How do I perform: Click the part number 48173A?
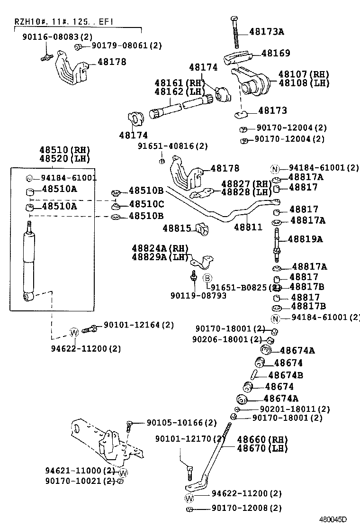point(267,32)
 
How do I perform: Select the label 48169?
point(275,54)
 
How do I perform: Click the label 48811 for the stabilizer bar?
point(248,227)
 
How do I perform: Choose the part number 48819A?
point(305,239)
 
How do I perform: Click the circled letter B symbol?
point(207,278)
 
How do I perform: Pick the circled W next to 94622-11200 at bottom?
point(189,498)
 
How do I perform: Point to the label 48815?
point(177,228)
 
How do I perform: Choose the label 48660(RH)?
point(262,439)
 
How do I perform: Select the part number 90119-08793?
point(198,296)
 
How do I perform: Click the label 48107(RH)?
point(303,74)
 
